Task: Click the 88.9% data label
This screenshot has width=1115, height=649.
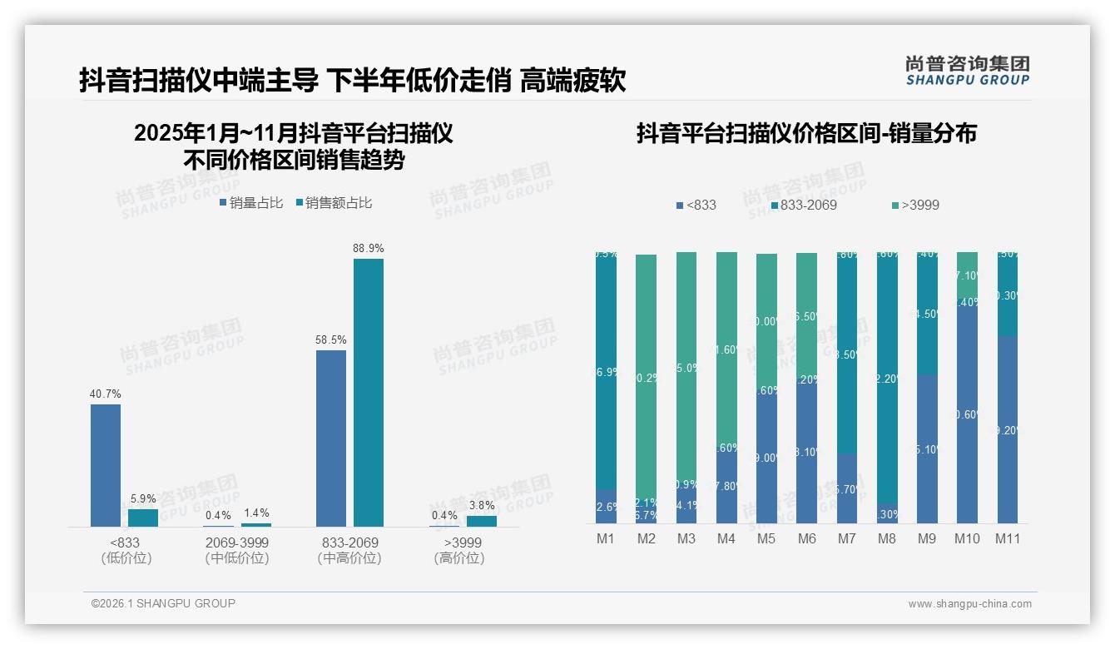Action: (368, 248)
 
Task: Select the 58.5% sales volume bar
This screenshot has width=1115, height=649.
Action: (331, 438)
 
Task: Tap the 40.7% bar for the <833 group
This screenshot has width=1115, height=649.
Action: (106, 465)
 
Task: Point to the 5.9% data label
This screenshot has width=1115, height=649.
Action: (143, 498)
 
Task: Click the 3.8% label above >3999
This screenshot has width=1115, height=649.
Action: (481, 505)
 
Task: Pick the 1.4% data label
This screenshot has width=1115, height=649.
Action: (256, 513)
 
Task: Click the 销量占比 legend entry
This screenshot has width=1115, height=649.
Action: (251, 202)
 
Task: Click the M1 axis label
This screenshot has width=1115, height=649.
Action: (606, 538)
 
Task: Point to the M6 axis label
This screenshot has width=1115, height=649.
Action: (806, 538)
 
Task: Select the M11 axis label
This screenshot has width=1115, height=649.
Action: (1008, 538)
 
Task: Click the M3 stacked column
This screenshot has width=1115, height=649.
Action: (686, 387)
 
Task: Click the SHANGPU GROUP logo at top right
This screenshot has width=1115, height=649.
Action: (967, 71)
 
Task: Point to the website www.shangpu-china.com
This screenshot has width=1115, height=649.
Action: (969, 604)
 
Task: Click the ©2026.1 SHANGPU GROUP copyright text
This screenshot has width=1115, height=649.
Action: (163, 603)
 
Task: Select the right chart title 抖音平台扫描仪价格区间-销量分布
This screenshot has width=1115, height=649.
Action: (806, 133)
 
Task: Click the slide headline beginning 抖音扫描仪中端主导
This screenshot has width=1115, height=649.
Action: (353, 81)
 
